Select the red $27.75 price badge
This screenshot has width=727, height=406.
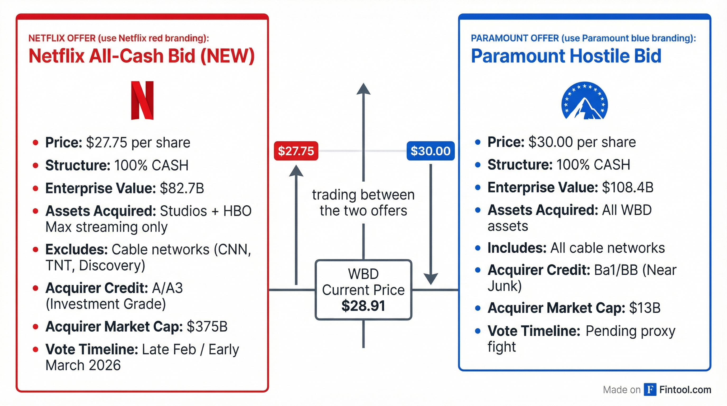pyautogui.click(x=296, y=151)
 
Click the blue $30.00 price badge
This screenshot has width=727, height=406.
pyautogui.click(x=430, y=151)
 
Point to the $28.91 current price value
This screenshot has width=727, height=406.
pyautogui.click(x=363, y=306)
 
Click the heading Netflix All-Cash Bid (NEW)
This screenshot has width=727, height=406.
pyautogui.click(x=142, y=56)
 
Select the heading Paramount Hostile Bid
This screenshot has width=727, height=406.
pyautogui.click(x=566, y=56)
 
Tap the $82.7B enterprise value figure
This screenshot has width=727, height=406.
pyautogui.click(x=182, y=188)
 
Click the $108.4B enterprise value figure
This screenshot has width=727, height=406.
pyautogui.click(x=628, y=187)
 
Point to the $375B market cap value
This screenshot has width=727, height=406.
pyautogui.click(x=207, y=327)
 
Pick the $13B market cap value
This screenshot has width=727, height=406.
pyautogui.click(x=645, y=308)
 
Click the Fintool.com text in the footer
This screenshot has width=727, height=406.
pyautogui.click(x=685, y=390)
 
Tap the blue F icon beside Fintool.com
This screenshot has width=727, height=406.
pyautogui.click(x=650, y=390)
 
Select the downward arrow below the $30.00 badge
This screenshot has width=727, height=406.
pyautogui.click(x=431, y=224)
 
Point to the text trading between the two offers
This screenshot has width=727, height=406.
pyautogui.click(x=363, y=203)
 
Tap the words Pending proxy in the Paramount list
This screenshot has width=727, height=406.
pyautogui.click(x=631, y=331)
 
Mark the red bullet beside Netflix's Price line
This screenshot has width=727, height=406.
pyautogui.click(x=35, y=142)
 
